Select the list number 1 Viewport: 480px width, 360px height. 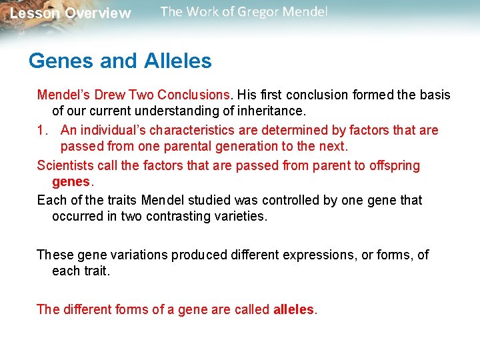(x=41, y=130)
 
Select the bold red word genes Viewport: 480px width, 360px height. (x=71, y=182)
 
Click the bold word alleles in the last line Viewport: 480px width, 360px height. (x=293, y=309)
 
